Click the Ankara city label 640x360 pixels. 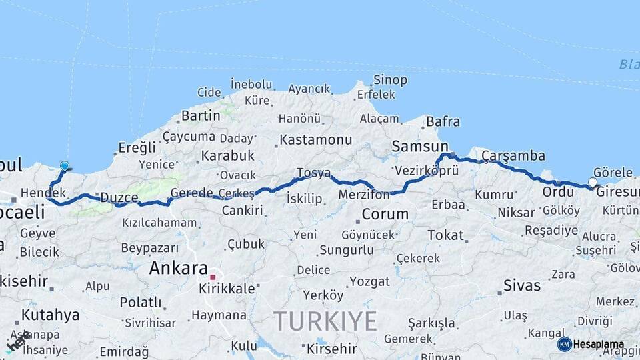point(178,268)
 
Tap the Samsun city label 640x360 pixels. point(420,146)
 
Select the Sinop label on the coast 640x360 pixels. point(390,80)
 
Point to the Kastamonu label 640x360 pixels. point(315,140)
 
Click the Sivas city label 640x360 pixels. point(522,285)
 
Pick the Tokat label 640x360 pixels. point(445,235)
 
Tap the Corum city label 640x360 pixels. point(385,215)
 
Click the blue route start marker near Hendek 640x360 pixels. point(65,166)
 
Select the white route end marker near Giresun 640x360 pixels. point(593,182)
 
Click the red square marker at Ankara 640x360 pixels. point(213,277)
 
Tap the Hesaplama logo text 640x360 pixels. point(598,345)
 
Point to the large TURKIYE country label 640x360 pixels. point(325,321)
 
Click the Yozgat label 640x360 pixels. point(369,281)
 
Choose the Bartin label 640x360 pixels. point(201,115)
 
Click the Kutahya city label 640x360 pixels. point(50,315)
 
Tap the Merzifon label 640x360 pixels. point(363,195)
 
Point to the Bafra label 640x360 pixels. point(443,121)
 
